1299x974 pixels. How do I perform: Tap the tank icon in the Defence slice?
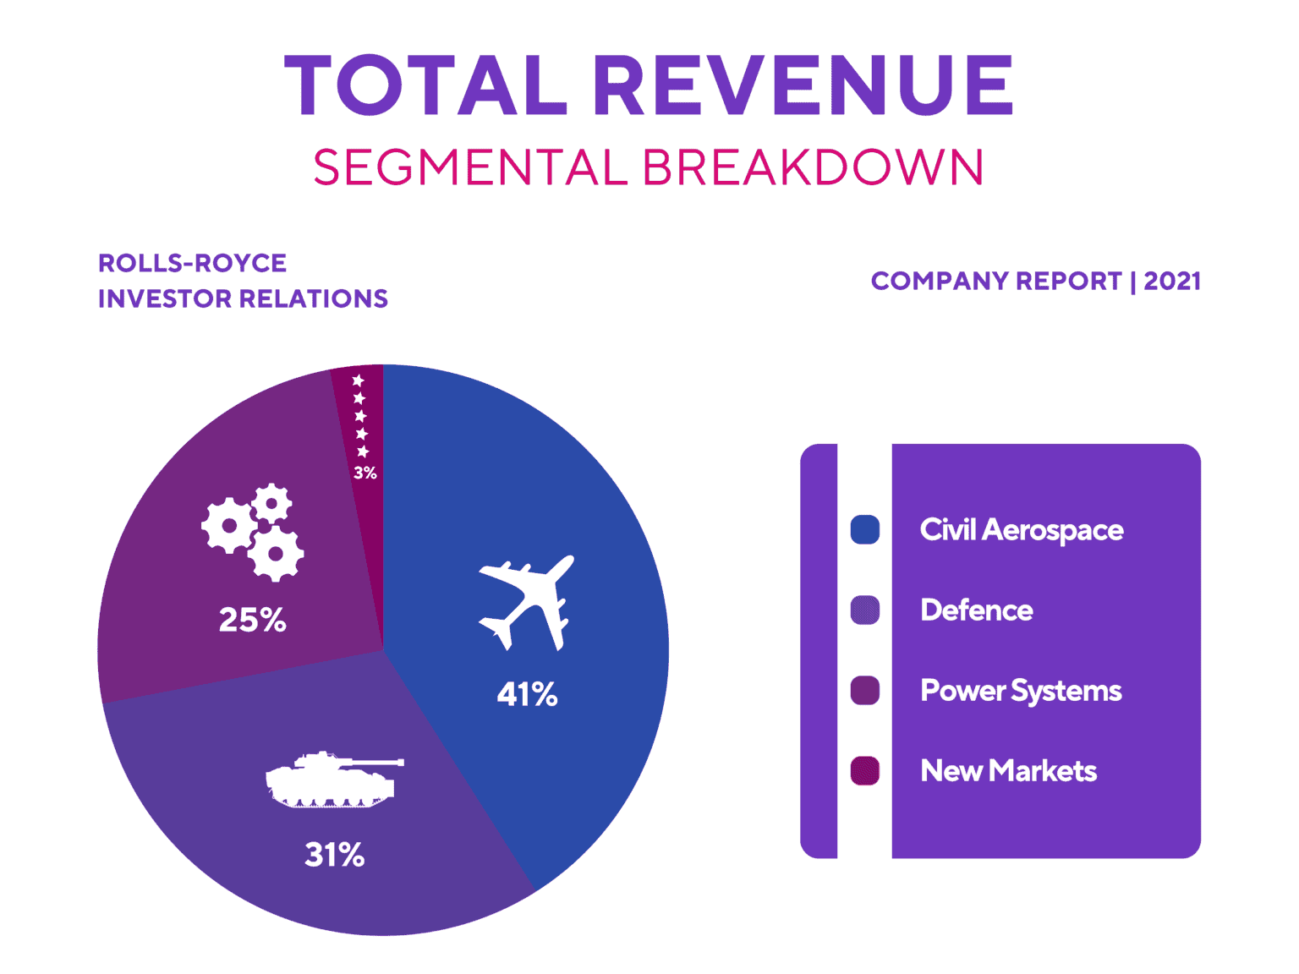[332, 780]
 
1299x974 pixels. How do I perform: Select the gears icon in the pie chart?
[253, 533]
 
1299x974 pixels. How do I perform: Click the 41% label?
[527, 694]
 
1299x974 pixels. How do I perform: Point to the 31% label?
[335, 855]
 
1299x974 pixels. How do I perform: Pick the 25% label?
[252, 620]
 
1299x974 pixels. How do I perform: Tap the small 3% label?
[365, 473]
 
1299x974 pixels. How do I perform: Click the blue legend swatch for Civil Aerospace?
[864, 530]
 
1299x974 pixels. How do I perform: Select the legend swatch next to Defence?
[864, 610]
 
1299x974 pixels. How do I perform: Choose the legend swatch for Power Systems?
[864, 691]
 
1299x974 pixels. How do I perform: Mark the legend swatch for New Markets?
[864, 771]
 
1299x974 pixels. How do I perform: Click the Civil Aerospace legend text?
[1022, 530]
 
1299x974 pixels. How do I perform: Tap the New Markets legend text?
[1008, 771]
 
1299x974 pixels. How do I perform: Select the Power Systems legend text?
[1021, 691]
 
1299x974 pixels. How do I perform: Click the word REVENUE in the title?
[803, 85]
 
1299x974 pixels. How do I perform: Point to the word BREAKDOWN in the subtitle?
[813, 167]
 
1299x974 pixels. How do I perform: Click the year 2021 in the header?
[1172, 281]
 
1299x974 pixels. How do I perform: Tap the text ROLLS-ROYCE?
[193, 263]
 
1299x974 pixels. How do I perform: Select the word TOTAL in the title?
[425, 85]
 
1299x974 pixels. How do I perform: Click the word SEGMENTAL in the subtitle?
[470, 167]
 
